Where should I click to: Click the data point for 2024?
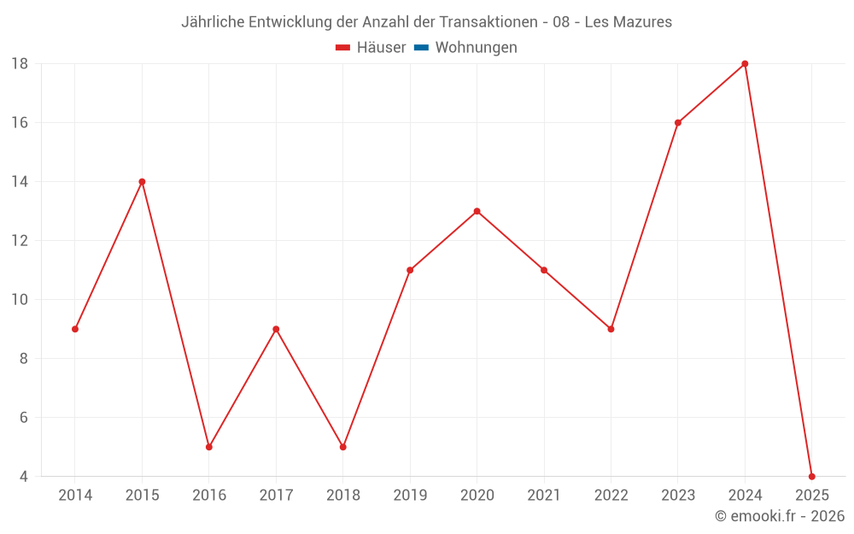click(745, 64)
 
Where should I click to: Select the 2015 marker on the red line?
click(142, 182)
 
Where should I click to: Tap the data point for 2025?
click(811, 476)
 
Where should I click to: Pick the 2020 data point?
click(477, 211)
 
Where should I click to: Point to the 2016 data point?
click(209, 447)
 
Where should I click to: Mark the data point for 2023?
click(678, 123)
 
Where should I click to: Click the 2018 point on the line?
click(342, 447)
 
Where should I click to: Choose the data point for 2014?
click(75, 329)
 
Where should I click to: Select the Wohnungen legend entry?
click(476, 48)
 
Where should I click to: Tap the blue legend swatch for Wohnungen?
click(421, 48)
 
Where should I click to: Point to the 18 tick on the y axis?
click(20, 64)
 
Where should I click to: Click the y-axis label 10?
click(20, 300)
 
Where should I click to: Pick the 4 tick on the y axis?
click(24, 476)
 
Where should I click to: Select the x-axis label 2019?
click(410, 496)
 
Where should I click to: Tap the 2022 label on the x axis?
click(611, 496)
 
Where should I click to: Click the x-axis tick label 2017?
click(276, 496)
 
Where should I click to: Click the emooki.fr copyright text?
click(780, 516)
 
